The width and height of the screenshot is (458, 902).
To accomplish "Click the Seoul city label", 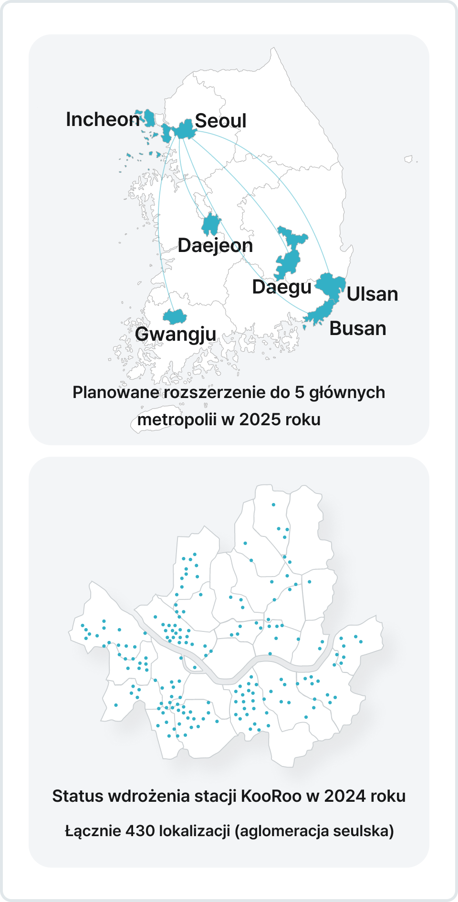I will pyautogui.click(x=220, y=121).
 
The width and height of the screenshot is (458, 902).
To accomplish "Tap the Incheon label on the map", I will pyautogui.click(x=103, y=119).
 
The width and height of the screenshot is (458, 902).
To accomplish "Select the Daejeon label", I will pyautogui.click(x=215, y=245).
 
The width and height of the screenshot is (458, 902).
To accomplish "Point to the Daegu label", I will pyautogui.click(x=281, y=287).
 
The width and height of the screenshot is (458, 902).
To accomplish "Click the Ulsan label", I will pyautogui.click(x=372, y=294).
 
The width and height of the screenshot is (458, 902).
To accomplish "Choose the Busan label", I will pyautogui.click(x=357, y=328).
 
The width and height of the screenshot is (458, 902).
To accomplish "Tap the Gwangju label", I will pyautogui.click(x=176, y=334).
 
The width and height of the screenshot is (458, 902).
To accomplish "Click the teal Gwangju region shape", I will pyautogui.click(x=175, y=316).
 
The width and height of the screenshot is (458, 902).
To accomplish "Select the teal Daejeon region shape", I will pyautogui.click(x=210, y=224).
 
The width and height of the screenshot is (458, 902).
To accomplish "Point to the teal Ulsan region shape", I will pyautogui.click(x=332, y=284).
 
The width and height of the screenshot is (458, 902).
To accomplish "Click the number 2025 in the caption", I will pyautogui.click(x=260, y=420).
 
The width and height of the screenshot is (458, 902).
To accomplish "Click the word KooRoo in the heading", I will pyautogui.click(x=271, y=796).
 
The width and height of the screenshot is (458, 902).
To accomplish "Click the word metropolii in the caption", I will pyautogui.click(x=177, y=420).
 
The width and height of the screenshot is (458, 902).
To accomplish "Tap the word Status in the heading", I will pyautogui.click(x=77, y=796).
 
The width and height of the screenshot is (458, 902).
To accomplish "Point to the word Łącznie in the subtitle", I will pyautogui.click(x=93, y=831).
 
